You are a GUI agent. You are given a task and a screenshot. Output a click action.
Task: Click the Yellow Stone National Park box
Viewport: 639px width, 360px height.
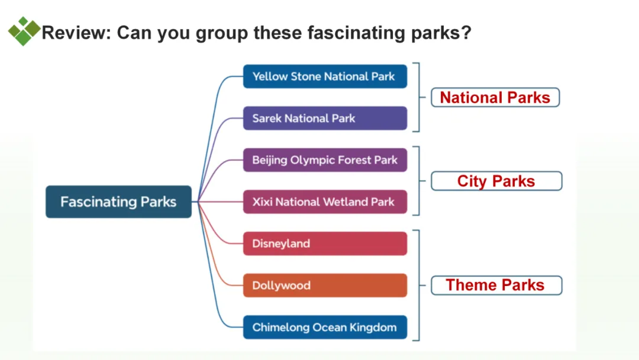pyautogui.click(x=325, y=76)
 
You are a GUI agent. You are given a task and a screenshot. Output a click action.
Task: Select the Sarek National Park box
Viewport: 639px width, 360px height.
pyautogui.click(x=325, y=118)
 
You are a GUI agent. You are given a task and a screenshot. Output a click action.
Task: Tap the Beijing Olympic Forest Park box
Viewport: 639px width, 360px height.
pyautogui.click(x=325, y=160)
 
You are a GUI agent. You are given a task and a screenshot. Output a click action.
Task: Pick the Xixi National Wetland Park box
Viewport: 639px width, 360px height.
pyautogui.click(x=325, y=202)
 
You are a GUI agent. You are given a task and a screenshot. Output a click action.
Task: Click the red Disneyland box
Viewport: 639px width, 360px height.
pyautogui.click(x=325, y=243)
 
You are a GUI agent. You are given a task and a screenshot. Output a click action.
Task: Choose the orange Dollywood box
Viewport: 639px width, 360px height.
pyautogui.click(x=325, y=285)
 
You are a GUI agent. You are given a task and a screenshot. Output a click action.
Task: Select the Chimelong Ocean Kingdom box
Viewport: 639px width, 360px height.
pyautogui.click(x=325, y=327)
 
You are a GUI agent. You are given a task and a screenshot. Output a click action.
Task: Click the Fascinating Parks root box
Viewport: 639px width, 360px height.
pyautogui.click(x=118, y=202)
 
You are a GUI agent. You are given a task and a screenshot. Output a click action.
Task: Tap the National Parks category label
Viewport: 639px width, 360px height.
pyautogui.click(x=495, y=98)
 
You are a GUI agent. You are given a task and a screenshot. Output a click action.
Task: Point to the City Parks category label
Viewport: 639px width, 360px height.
pyautogui.click(x=496, y=181)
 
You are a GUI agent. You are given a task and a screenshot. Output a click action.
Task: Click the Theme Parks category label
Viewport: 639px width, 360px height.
pyautogui.click(x=496, y=285)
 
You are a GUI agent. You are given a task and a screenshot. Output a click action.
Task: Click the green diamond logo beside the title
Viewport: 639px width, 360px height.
pyautogui.click(x=24, y=31)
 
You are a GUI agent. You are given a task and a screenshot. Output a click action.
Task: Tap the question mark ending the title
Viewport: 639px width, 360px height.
pyautogui.click(x=466, y=33)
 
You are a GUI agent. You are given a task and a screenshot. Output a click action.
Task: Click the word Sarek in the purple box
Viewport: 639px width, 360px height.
pyautogui.click(x=267, y=118)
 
